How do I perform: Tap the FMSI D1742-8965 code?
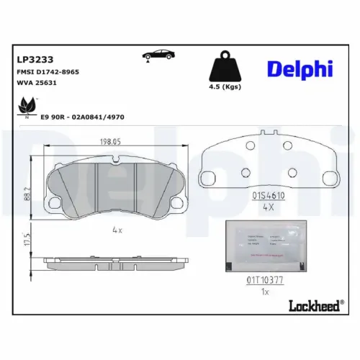(48, 73)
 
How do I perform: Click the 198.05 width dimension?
(116, 143)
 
